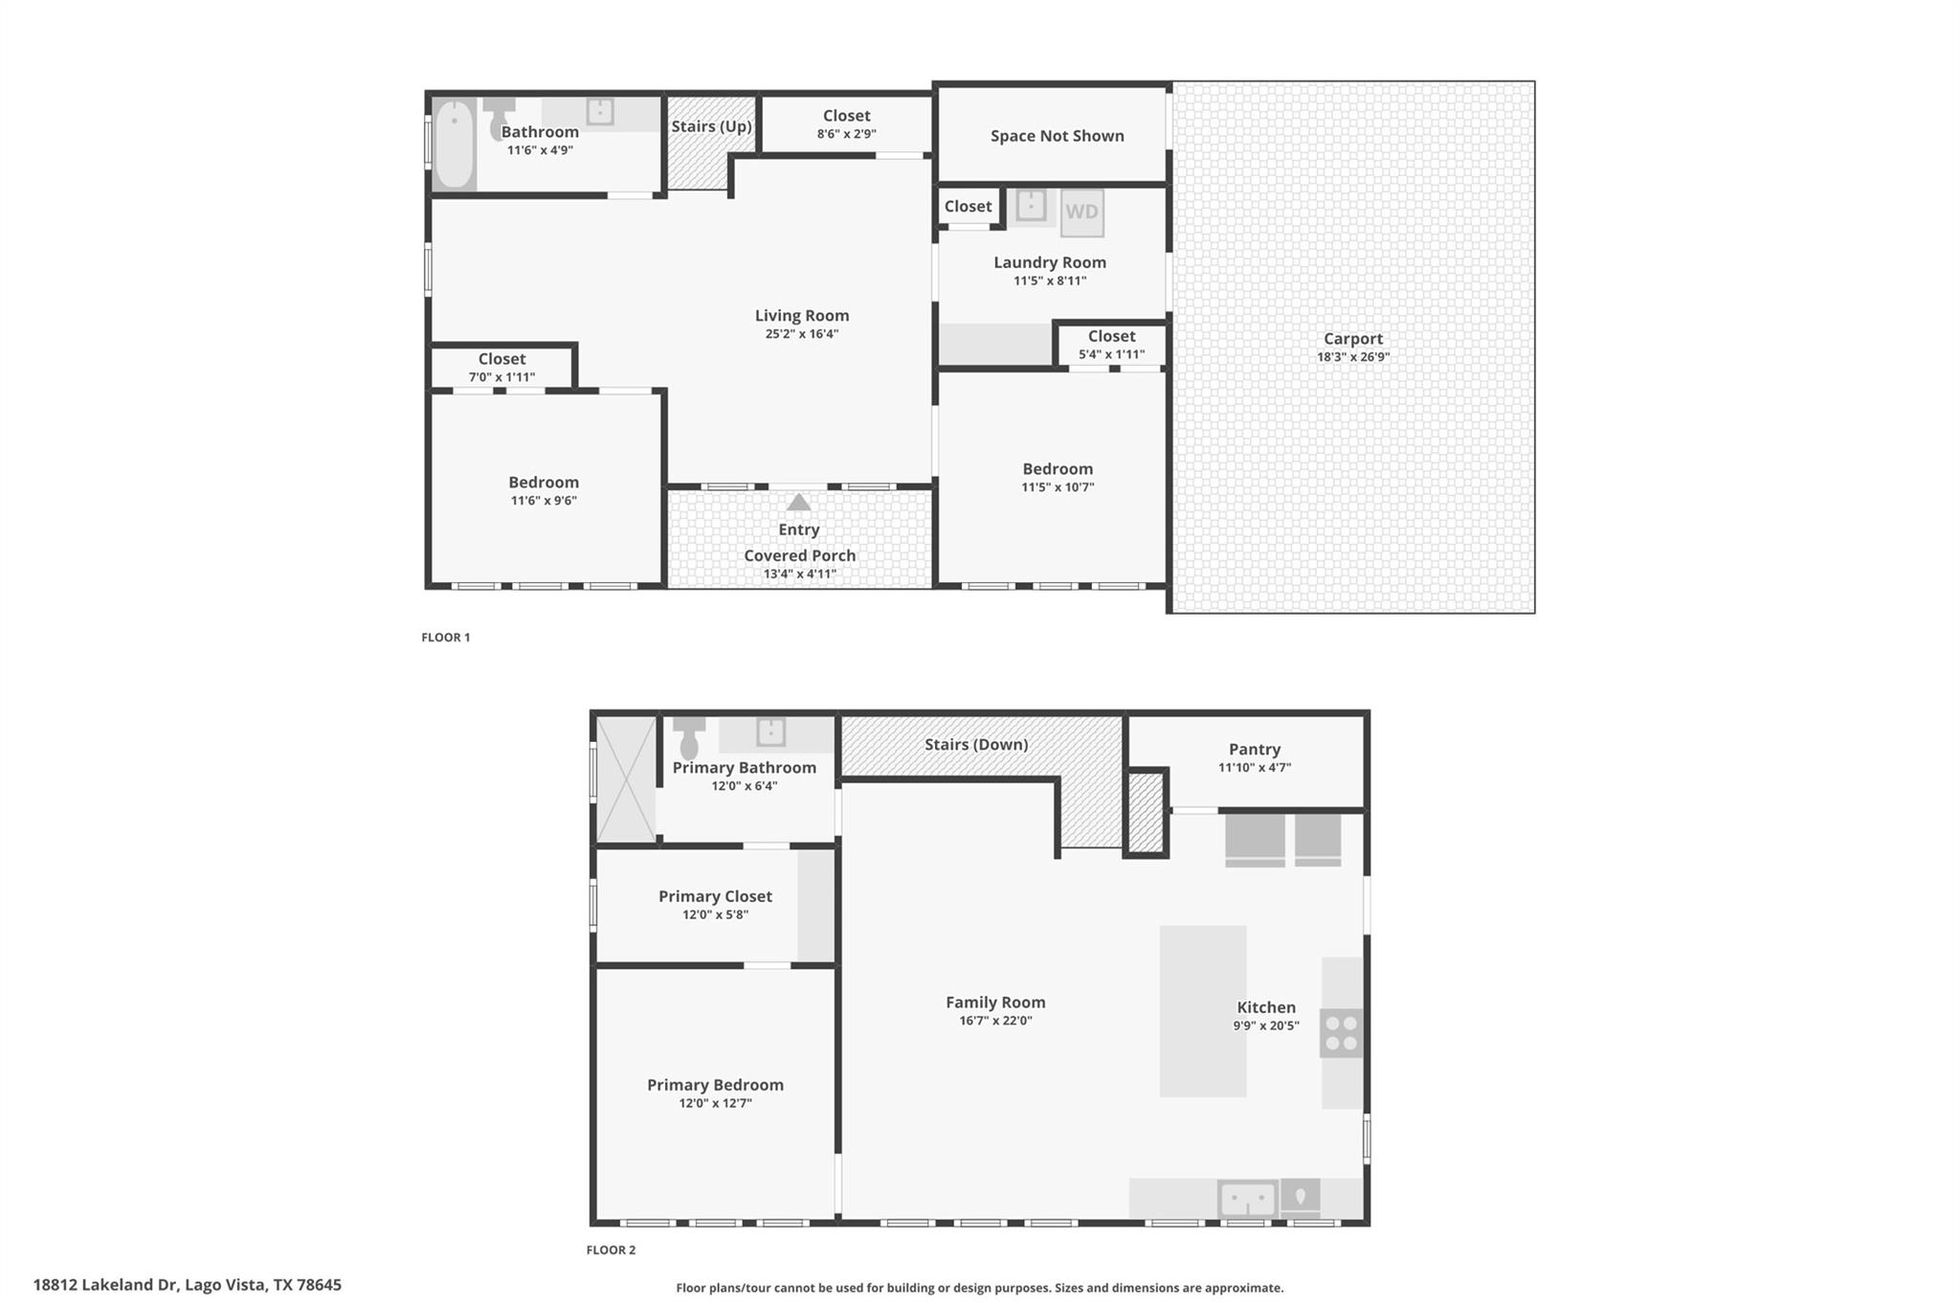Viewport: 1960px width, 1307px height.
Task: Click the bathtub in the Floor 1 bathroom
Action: point(454,144)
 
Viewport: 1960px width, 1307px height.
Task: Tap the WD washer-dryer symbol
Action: point(1081,213)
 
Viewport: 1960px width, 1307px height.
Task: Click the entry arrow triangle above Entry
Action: point(798,503)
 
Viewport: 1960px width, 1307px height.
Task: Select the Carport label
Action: point(1352,339)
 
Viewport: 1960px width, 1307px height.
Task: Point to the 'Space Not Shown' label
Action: point(1057,136)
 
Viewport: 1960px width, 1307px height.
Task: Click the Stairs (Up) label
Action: point(711,126)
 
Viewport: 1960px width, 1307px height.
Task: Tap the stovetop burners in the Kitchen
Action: point(1341,1034)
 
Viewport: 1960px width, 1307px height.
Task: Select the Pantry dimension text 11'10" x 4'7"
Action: point(1254,768)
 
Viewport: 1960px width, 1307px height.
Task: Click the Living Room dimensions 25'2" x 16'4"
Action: point(801,334)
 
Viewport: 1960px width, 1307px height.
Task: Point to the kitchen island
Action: point(1202,1010)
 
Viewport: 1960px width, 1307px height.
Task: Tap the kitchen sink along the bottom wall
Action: point(1246,1199)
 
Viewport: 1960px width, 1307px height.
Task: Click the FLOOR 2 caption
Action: point(611,1250)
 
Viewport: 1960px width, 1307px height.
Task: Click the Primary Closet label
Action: point(715,896)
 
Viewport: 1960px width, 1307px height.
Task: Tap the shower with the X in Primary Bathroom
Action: point(625,778)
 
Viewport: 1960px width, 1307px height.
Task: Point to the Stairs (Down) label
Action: point(976,745)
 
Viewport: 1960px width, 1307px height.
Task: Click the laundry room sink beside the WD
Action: point(1031,206)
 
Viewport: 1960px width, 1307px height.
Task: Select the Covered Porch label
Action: point(799,555)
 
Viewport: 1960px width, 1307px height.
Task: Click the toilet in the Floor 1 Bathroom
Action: point(498,119)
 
